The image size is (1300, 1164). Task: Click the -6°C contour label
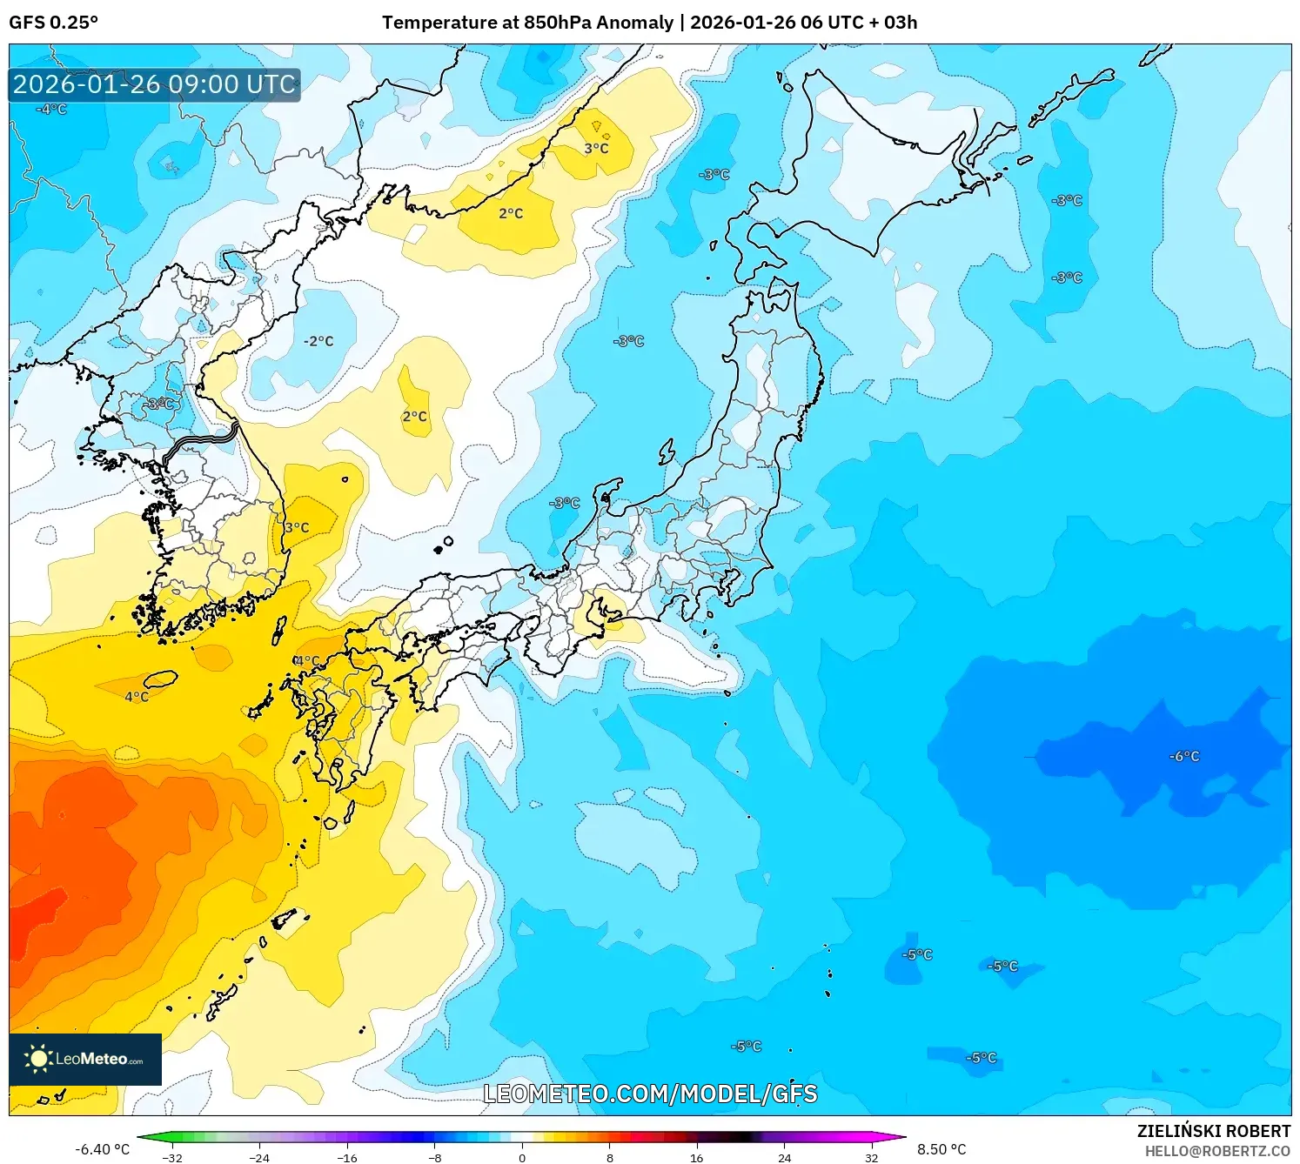pos(1183,757)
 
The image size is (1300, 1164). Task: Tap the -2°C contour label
pos(318,341)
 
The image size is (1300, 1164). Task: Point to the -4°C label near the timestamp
pos(51,110)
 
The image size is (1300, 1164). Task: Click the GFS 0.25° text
pos(54,23)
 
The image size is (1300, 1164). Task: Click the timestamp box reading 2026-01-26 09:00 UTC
pos(154,85)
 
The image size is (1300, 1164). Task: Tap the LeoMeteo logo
pos(85,1059)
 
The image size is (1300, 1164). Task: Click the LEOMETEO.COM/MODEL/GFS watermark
pos(650,1094)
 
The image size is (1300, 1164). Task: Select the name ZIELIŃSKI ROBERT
pos(1213,1131)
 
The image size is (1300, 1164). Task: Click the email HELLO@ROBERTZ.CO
pos(1216,1151)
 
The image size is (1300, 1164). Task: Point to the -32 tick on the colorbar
pos(172,1157)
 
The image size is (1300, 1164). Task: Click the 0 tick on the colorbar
pos(522,1157)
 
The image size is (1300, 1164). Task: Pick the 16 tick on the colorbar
pos(696,1157)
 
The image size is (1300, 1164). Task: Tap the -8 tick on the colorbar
pos(435,1157)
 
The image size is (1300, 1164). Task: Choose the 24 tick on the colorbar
pos(784,1157)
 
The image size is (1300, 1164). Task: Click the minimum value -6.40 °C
pos(102,1149)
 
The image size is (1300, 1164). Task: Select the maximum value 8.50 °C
pos(941,1149)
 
